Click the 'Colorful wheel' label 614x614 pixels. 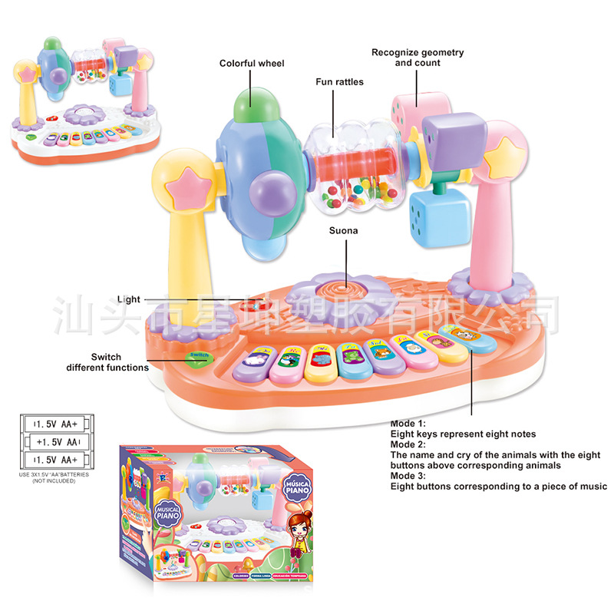point(252,63)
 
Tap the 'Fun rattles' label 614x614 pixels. point(338,81)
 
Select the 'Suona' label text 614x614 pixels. point(344,229)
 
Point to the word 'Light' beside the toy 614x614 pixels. point(129,299)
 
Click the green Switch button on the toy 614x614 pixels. point(200,355)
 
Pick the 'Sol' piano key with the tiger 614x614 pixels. point(378,355)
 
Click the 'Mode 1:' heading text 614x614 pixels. point(408,424)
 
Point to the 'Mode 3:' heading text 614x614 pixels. point(408,476)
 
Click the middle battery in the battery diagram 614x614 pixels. point(55,442)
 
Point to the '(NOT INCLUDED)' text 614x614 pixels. point(54,480)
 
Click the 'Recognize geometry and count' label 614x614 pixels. point(418,58)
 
